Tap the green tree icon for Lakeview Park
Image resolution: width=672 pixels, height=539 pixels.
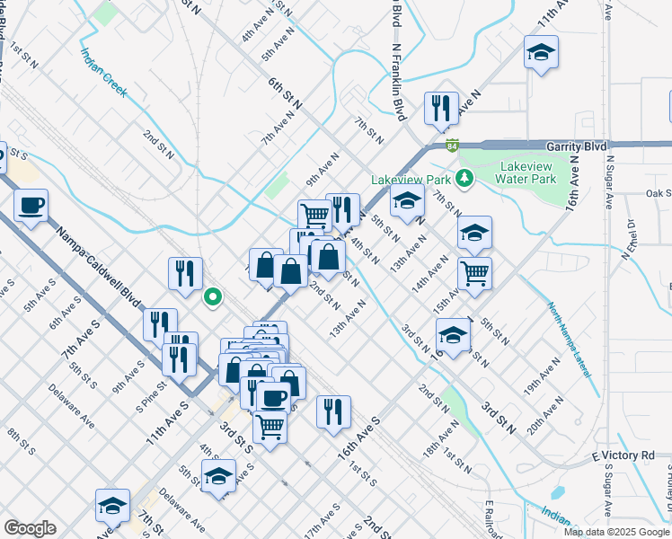pyautogui.click(x=464, y=177)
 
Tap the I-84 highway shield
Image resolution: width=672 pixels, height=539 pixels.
pyautogui.click(x=455, y=144)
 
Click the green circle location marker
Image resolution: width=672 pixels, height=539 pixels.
pyautogui.click(x=212, y=296)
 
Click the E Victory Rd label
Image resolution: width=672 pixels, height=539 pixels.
pyautogui.click(x=623, y=456)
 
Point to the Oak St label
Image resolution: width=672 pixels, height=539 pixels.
pyautogui.click(x=659, y=193)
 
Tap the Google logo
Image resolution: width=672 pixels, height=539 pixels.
pyautogui.click(x=30, y=528)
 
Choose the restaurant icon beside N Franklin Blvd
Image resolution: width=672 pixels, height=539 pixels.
pyautogui.click(x=441, y=109)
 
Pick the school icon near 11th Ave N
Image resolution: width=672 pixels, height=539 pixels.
pyautogui.click(x=541, y=53)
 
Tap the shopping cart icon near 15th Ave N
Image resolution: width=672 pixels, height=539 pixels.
pyautogui.click(x=474, y=272)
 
